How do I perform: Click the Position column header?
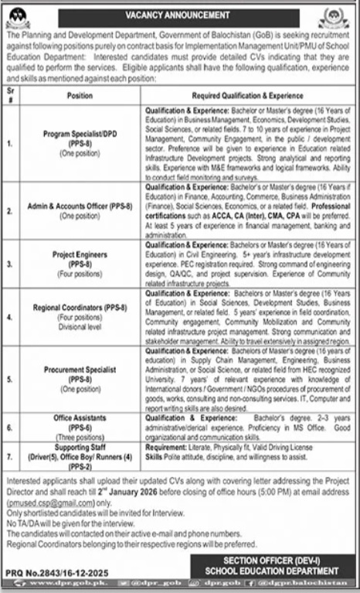[x=80, y=97]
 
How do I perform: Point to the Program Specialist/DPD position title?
[x=80, y=133]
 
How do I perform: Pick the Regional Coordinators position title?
[x=80, y=308]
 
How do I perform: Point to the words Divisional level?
[x=80, y=327]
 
